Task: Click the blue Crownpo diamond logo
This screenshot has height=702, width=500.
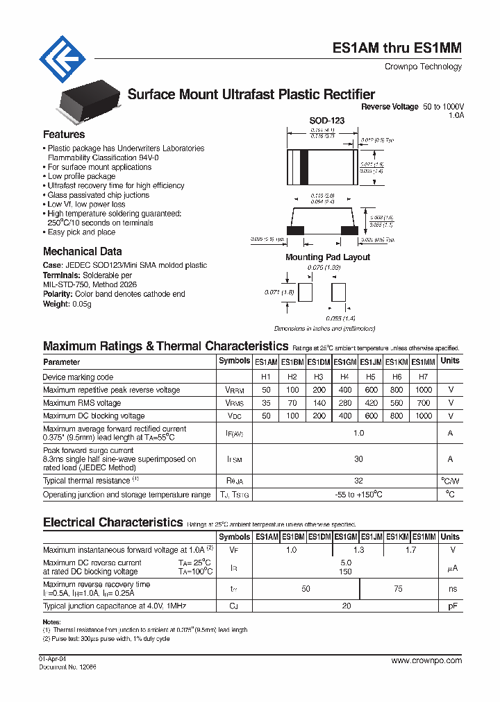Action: click(x=62, y=59)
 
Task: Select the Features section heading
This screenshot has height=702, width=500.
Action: click(x=64, y=135)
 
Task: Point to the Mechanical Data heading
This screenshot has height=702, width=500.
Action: click(x=82, y=252)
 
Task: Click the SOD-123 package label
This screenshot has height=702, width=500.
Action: click(x=326, y=121)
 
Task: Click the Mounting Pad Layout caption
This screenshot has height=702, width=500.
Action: click(x=328, y=257)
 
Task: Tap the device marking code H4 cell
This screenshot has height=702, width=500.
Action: click(x=344, y=377)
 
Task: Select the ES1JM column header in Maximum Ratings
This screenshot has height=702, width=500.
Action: click(x=371, y=362)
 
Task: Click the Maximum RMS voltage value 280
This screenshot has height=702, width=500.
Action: click(x=344, y=403)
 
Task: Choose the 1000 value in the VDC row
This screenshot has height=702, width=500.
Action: click(x=424, y=416)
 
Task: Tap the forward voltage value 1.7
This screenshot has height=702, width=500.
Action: click(x=411, y=550)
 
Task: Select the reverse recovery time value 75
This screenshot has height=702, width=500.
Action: click(x=398, y=588)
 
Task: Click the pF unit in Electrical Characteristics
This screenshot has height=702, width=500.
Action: click(x=450, y=606)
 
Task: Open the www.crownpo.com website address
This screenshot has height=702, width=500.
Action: click(x=426, y=660)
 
